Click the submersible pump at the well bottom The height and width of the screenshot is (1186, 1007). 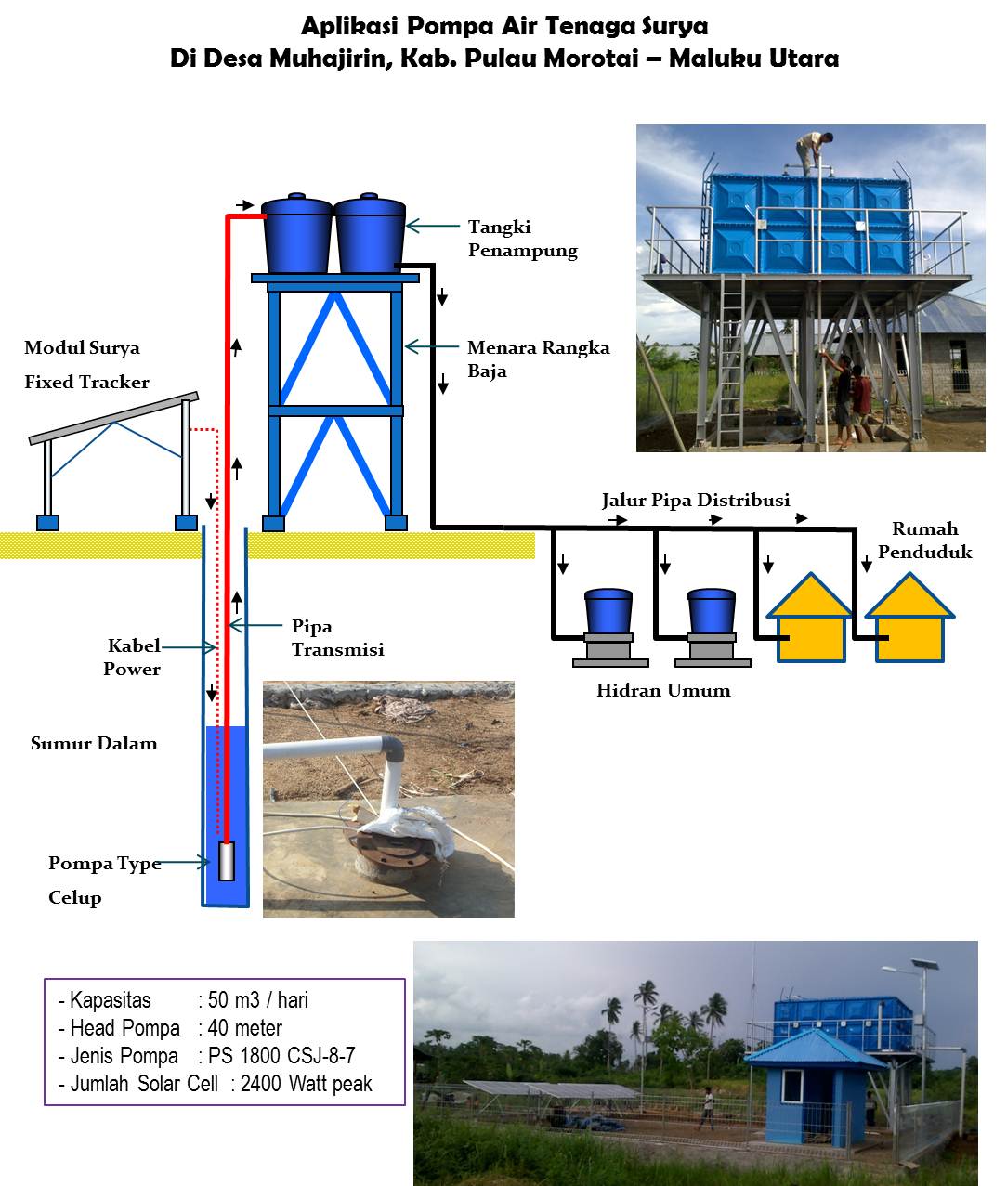[226, 861]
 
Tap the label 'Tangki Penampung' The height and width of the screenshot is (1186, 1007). [522, 239]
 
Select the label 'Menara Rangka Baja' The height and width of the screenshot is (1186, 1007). [538, 358]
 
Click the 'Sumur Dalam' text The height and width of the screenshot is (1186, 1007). [94, 743]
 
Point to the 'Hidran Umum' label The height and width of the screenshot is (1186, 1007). [663, 690]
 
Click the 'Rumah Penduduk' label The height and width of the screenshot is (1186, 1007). [924, 540]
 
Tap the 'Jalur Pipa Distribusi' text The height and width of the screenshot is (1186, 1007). [696, 501]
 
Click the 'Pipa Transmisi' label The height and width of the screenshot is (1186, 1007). [337, 637]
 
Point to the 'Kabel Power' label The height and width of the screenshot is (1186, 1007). [133, 657]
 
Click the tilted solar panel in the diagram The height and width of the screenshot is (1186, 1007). [113, 417]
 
